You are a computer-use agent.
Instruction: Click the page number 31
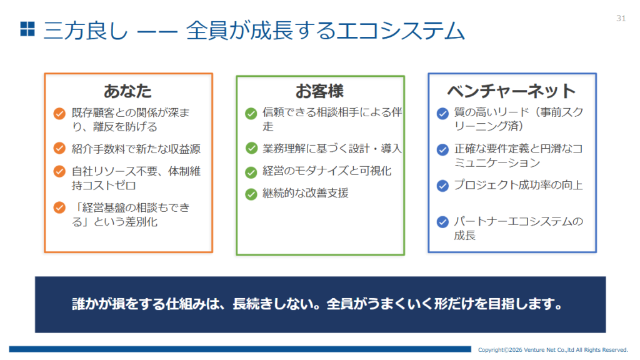(x=621, y=18)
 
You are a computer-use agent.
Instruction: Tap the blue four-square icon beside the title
(x=27, y=29)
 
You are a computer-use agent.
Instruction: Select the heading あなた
(x=127, y=91)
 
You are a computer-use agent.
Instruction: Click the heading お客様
(x=319, y=91)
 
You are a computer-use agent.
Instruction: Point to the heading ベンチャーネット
(x=511, y=91)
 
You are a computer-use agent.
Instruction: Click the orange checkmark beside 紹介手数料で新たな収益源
(x=59, y=148)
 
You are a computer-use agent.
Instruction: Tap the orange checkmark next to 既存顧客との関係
(x=59, y=113)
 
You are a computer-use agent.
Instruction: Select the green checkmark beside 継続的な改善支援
(x=251, y=194)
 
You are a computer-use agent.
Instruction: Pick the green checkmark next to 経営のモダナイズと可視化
(x=251, y=172)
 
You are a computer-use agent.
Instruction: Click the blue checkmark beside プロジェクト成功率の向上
(x=442, y=186)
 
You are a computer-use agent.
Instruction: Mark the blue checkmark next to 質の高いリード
(x=442, y=114)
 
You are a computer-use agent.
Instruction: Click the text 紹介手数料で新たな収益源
(x=136, y=149)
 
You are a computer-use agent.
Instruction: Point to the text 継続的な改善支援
(x=305, y=193)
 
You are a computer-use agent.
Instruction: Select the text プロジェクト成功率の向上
(x=518, y=185)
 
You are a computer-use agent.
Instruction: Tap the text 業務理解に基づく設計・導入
(x=332, y=149)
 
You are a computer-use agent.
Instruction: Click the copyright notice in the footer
(x=552, y=350)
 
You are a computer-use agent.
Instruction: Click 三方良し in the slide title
(x=85, y=30)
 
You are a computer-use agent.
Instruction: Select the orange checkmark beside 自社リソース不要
(x=59, y=171)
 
